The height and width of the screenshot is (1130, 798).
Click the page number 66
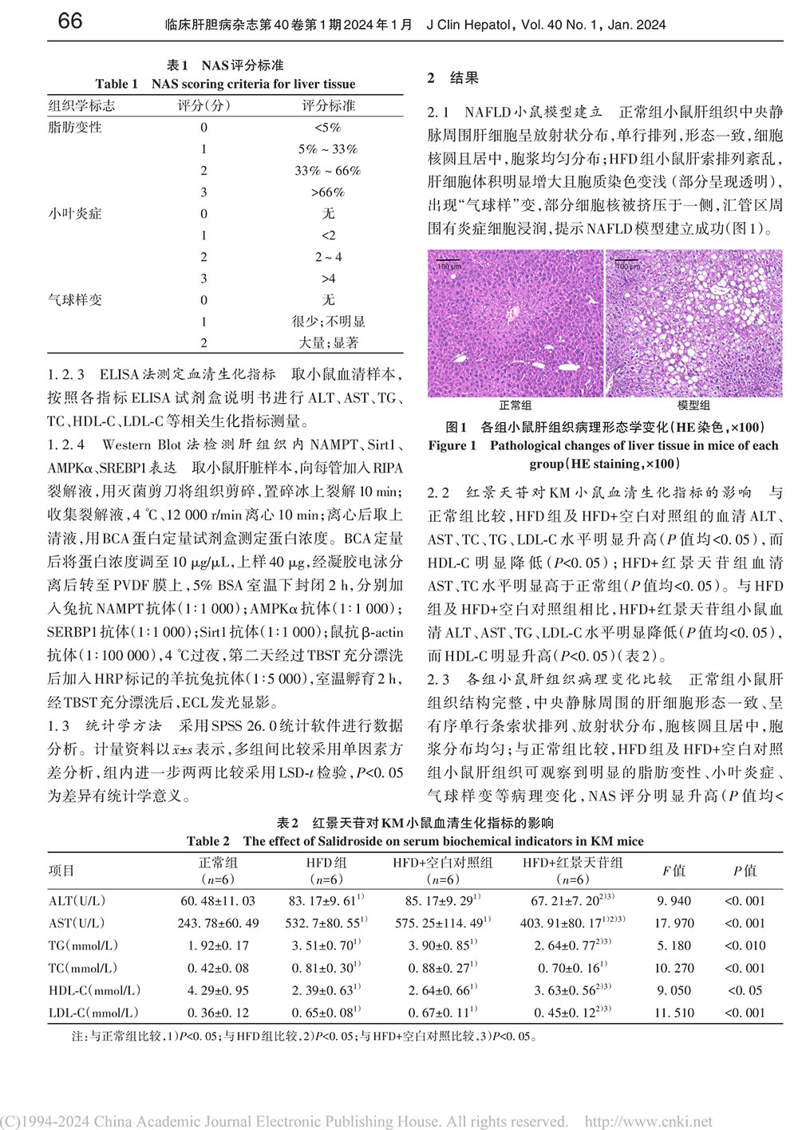click(70, 21)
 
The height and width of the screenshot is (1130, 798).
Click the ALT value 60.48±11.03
click(218, 901)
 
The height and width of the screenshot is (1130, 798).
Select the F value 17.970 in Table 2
click(674, 923)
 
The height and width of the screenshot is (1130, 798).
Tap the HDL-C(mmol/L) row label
click(94, 990)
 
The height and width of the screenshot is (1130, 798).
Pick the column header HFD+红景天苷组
click(572, 863)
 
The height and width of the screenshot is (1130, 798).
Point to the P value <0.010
click(745, 946)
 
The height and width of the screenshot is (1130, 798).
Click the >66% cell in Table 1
click(328, 192)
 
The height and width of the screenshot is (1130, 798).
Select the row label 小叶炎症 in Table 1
click(75, 214)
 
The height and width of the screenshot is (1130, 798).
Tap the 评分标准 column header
click(328, 105)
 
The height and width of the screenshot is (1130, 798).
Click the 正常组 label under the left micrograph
click(516, 405)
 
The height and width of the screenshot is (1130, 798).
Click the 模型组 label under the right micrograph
click(693, 405)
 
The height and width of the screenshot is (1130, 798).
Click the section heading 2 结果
click(453, 77)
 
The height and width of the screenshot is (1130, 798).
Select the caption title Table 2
click(207, 841)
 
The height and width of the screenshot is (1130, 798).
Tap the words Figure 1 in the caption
click(452, 446)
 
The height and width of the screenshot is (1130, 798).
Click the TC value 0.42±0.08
click(218, 968)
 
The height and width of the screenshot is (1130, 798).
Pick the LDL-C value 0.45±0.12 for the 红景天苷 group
click(566, 1013)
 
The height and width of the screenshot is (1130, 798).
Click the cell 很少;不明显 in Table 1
click(328, 322)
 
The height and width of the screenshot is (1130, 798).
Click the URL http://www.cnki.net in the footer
click(649, 1121)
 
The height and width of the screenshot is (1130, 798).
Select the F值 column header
click(674, 871)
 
